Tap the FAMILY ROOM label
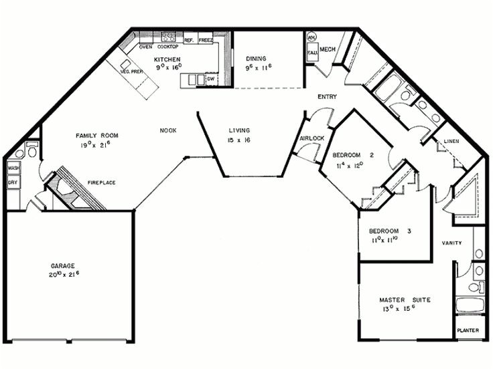(97, 136)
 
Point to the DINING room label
(257, 58)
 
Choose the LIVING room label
(239, 130)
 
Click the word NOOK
(168, 130)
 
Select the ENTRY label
(327, 97)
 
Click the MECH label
(327, 49)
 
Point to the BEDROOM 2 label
(352, 154)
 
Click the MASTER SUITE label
(399, 299)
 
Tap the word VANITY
(451, 243)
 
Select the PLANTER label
(468, 331)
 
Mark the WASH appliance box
(13, 168)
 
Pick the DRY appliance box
(13, 181)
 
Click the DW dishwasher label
(210, 79)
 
